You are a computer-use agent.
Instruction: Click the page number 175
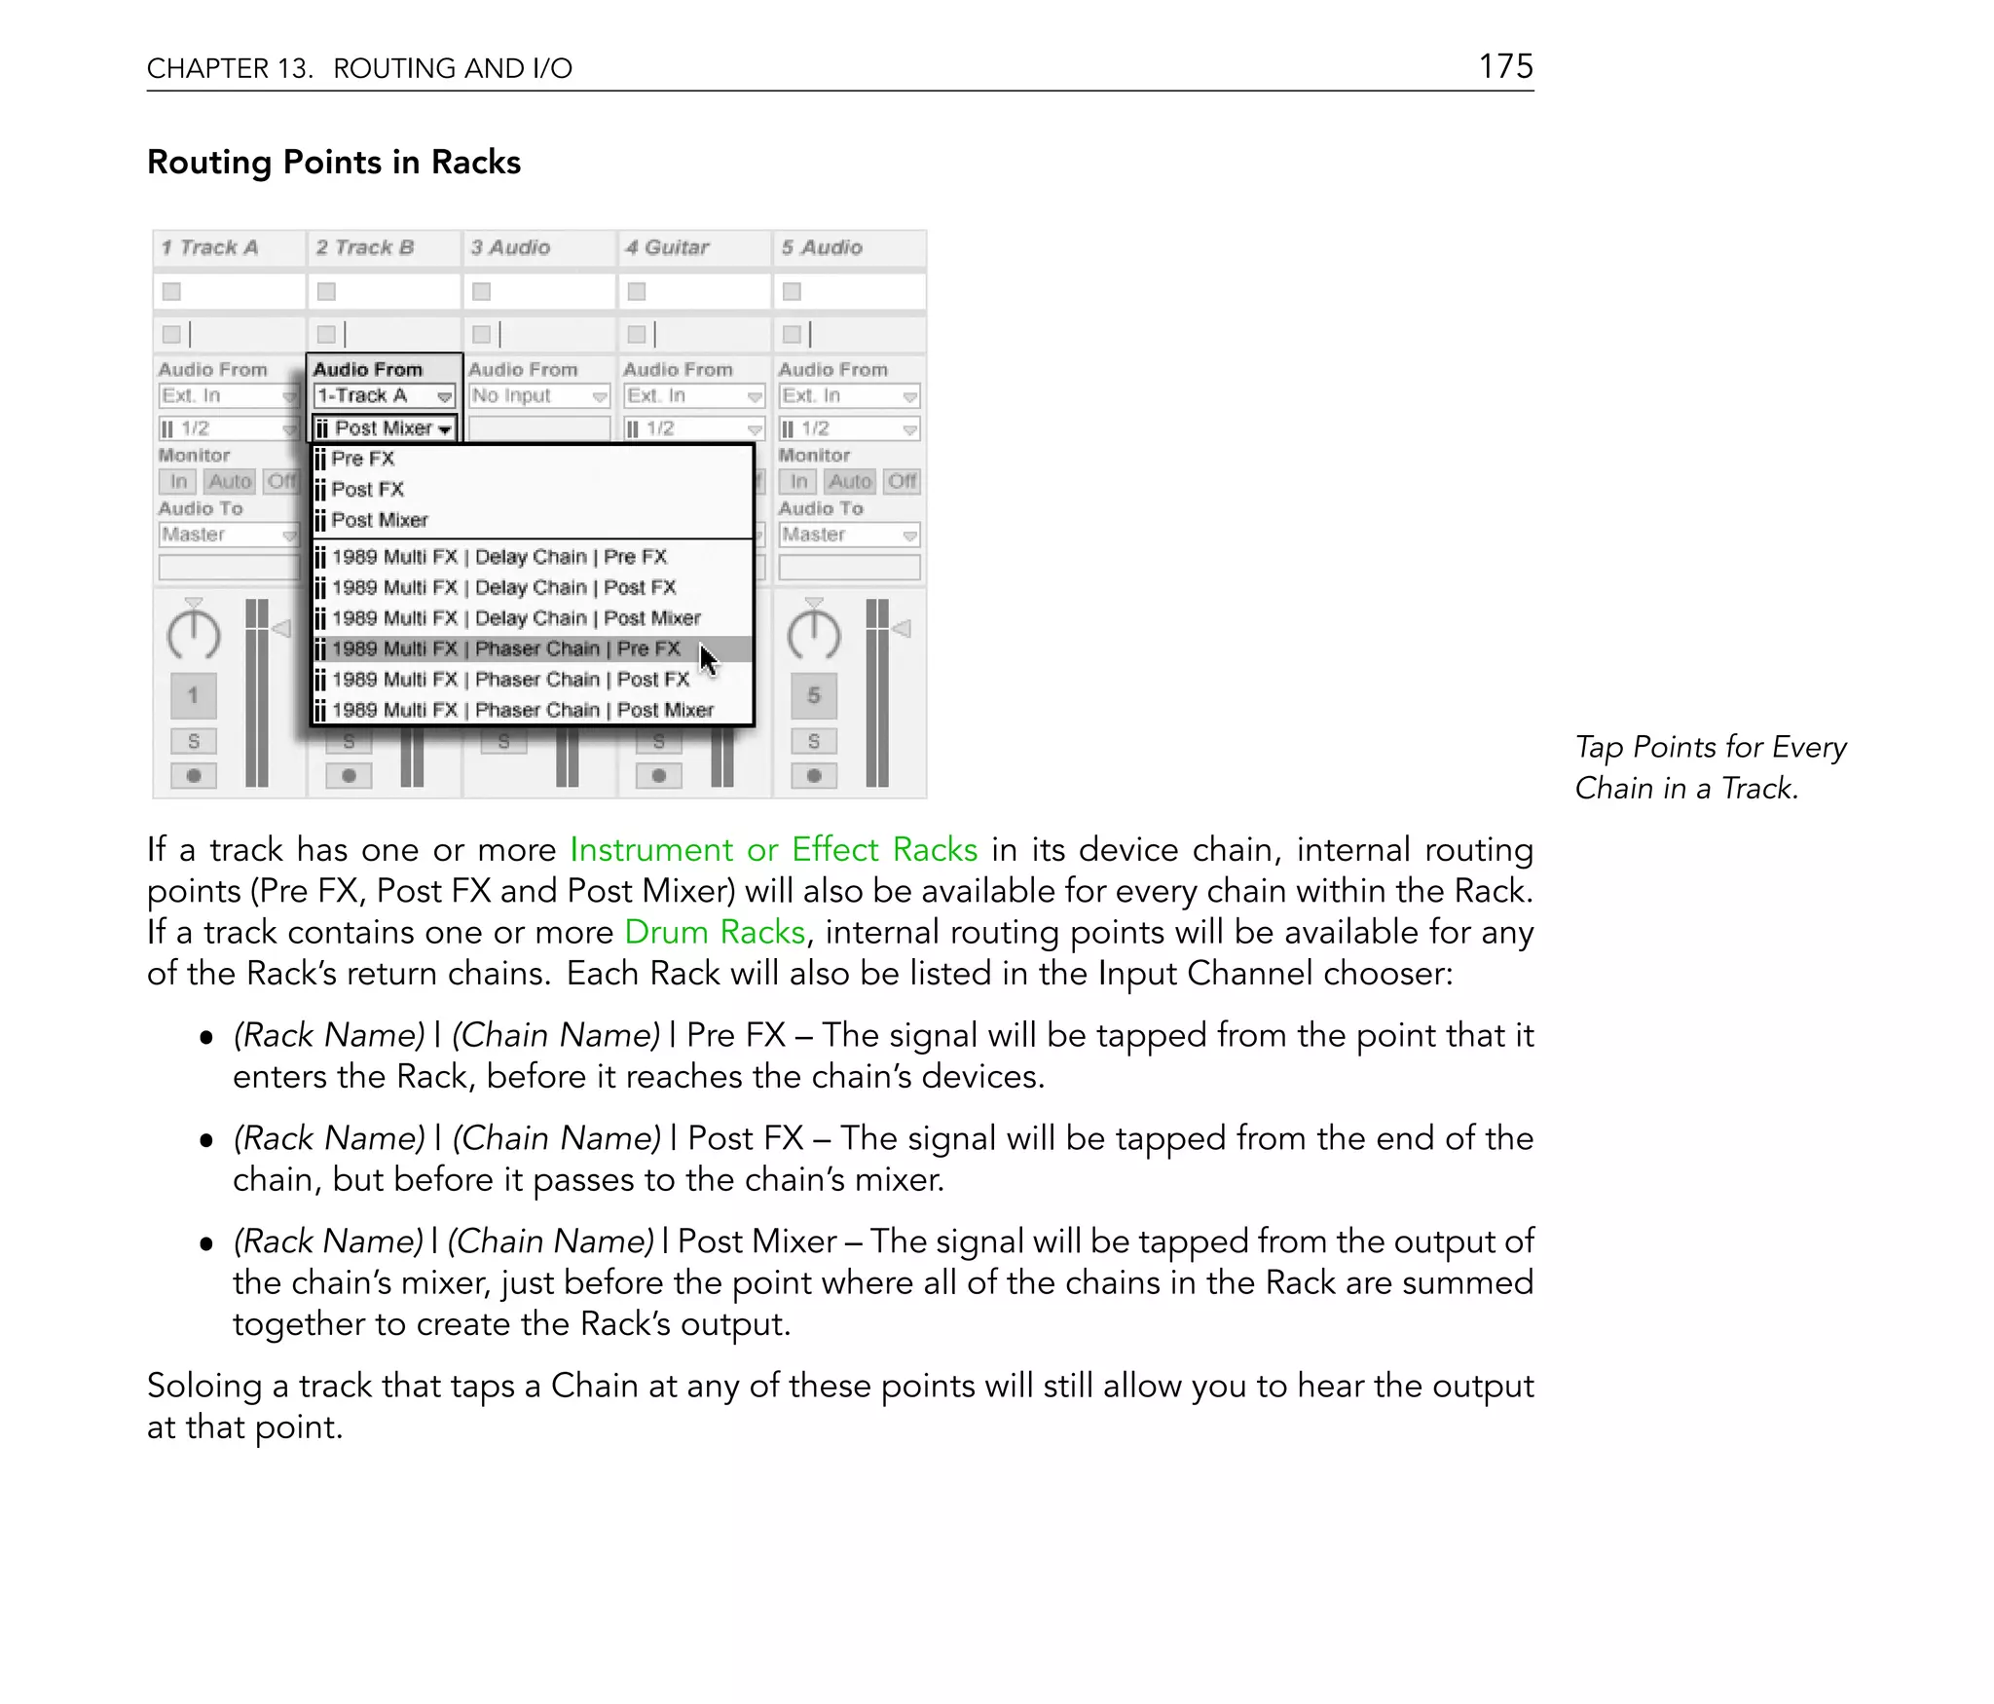point(1505,66)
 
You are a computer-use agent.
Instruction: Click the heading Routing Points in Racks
point(333,162)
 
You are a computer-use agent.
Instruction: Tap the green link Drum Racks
point(714,932)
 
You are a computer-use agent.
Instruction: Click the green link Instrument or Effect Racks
point(773,849)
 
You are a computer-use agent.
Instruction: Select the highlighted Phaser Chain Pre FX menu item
point(505,648)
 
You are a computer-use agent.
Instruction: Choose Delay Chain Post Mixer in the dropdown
point(516,618)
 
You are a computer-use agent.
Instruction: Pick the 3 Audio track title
point(510,247)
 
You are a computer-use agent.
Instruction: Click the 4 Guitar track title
point(667,247)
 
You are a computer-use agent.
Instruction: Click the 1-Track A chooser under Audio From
point(384,396)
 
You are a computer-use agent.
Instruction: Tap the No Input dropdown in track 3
point(538,396)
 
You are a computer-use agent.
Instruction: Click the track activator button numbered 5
point(814,695)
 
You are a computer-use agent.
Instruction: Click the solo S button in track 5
point(814,742)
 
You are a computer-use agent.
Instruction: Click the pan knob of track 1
point(194,635)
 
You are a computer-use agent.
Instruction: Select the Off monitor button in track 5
point(903,481)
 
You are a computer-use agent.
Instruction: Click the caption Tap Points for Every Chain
point(1710,767)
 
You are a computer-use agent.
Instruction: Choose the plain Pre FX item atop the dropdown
point(362,459)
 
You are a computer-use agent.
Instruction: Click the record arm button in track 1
point(194,776)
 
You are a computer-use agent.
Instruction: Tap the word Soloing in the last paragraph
point(203,1385)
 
